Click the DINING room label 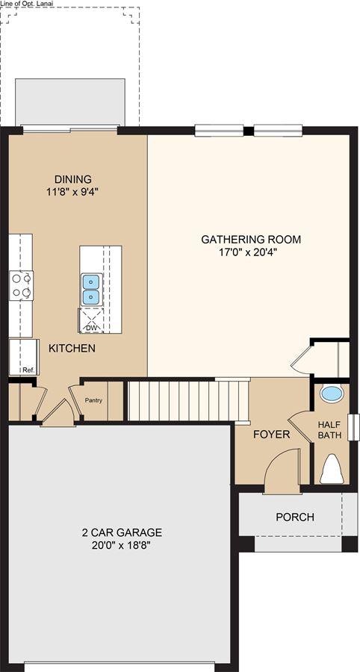(x=73, y=179)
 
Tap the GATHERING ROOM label (x=251, y=239)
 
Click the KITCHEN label (x=72, y=348)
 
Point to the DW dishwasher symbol (x=90, y=329)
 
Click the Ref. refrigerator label (x=28, y=370)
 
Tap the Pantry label (x=93, y=400)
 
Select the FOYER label (x=271, y=435)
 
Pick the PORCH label (x=295, y=517)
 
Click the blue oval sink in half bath (x=332, y=394)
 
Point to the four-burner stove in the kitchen (x=22, y=285)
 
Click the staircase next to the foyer (x=188, y=400)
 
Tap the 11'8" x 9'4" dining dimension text (x=73, y=192)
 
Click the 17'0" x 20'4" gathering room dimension (x=252, y=252)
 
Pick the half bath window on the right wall (x=353, y=427)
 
